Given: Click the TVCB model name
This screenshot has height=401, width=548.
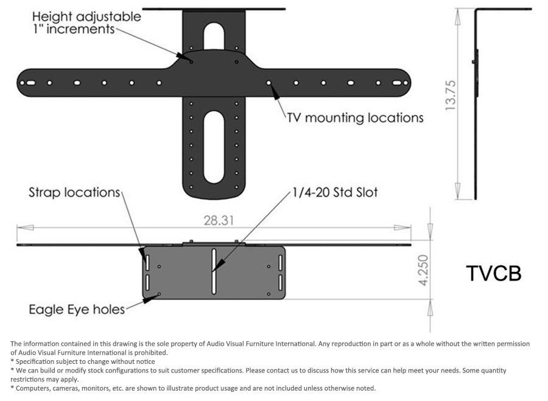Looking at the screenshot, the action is pyautogui.click(x=493, y=273).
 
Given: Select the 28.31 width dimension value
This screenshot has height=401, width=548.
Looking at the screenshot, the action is pyautogui.click(x=219, y=220).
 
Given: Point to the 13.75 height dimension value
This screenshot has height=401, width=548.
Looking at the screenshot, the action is pyautogui.click(x=451, y=95).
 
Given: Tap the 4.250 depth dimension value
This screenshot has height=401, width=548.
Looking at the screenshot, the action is pyautogui.click(x=423, y=270).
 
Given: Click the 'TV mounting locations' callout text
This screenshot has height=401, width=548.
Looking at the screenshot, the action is pyautogui.click(x=356, y=117).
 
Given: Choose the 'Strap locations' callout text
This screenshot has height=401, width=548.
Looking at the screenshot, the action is pyautogui.click(x=74, y=192).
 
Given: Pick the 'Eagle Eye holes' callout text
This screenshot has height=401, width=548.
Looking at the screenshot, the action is pyautogui.click(x=77, y=310).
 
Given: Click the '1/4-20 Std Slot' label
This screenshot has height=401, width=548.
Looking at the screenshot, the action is pyautogui.click(x=335, y=192).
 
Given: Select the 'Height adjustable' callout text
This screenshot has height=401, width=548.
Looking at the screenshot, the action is pyautogui.click(x=86, y=17).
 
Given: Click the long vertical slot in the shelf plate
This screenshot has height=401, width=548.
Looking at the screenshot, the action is pyautogui.click(x=214, y=271).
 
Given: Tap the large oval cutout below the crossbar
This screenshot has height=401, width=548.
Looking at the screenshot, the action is pyautogui.click(x=214, y=147).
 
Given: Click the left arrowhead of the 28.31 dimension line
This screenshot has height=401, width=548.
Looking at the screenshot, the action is pyautogui.click(x=25, y=228).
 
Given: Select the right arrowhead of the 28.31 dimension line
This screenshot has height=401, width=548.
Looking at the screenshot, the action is pyautogui.click(x=402, y=228).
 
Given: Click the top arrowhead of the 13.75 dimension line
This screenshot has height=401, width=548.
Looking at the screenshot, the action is pyautogui.click(x=458, y=17).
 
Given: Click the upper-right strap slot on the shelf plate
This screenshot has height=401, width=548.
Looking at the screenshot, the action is pyautogui.click(x=280, y=262).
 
